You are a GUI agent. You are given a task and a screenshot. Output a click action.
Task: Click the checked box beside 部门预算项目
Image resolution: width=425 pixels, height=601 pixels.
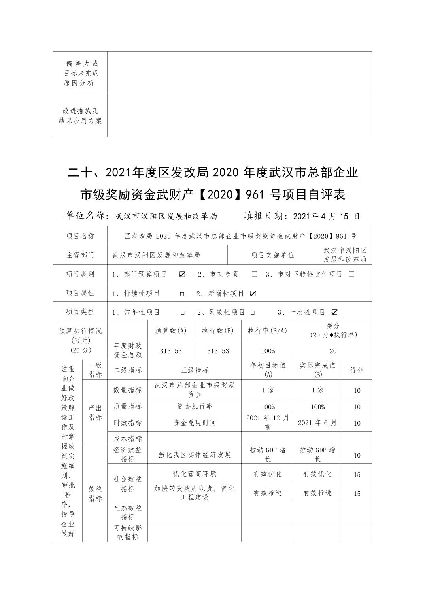point(182,274)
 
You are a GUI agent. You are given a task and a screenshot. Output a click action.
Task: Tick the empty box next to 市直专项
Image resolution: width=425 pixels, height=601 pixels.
point(255,274)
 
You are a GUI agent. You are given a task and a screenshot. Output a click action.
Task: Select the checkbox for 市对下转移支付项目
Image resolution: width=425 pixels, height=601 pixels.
point(351,274)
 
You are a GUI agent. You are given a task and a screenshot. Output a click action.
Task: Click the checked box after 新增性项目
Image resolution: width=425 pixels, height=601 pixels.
point(253,294)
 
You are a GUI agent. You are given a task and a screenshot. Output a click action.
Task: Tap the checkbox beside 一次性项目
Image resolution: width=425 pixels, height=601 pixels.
point(334,312)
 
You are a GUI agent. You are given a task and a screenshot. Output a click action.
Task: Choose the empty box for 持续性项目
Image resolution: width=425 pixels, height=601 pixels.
point(182,294)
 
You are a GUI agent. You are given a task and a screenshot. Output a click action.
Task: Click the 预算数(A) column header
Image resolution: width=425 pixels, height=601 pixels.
point(171,331)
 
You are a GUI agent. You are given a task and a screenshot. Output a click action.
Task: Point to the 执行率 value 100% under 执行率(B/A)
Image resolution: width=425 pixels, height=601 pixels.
point(268,351)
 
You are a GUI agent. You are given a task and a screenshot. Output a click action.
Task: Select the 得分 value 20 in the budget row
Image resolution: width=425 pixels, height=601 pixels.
point(333,351)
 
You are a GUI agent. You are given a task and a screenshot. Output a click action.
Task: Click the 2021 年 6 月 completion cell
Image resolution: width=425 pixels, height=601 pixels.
point(317,423)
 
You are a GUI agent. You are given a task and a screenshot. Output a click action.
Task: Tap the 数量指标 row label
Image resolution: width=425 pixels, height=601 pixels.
point(127,390)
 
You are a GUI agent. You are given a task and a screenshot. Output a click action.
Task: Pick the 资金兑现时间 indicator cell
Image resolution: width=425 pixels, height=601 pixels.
point(195,423)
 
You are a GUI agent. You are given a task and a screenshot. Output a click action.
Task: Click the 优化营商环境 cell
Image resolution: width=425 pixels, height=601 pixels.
point(195,474)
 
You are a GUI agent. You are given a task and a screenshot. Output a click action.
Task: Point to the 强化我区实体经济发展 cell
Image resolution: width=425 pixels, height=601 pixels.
point(195,454)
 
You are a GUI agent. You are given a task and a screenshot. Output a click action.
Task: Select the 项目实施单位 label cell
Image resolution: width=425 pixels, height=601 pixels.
point(272,255)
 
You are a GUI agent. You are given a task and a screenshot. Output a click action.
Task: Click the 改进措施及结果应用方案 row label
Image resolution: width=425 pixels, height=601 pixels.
point(80,116)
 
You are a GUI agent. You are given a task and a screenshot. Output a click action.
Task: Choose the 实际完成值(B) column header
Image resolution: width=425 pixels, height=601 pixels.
point(317,370)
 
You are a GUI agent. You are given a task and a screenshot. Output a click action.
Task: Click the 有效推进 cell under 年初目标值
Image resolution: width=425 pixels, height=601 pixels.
point(268,493)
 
